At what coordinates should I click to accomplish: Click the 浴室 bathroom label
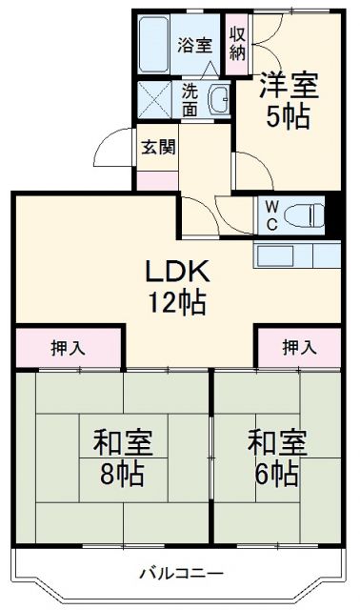[198, 43]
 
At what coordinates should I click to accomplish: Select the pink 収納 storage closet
[236, 41]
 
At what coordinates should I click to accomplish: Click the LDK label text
[175, 273]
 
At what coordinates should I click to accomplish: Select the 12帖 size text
[175, 303]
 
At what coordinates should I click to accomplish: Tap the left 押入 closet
[68, 347]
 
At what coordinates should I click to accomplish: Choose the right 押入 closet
[299, 347]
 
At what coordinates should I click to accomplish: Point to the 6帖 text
[277, 474]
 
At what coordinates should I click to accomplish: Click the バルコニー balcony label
[181, 574]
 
